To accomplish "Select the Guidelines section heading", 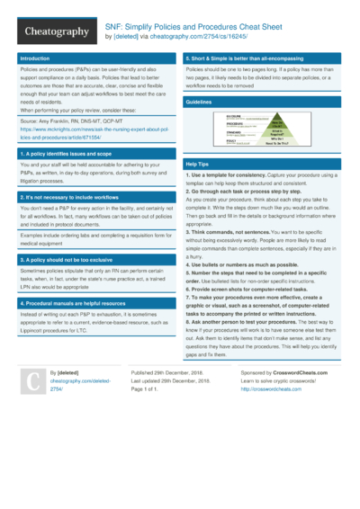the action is pyautogui.click(x=199, y=103).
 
